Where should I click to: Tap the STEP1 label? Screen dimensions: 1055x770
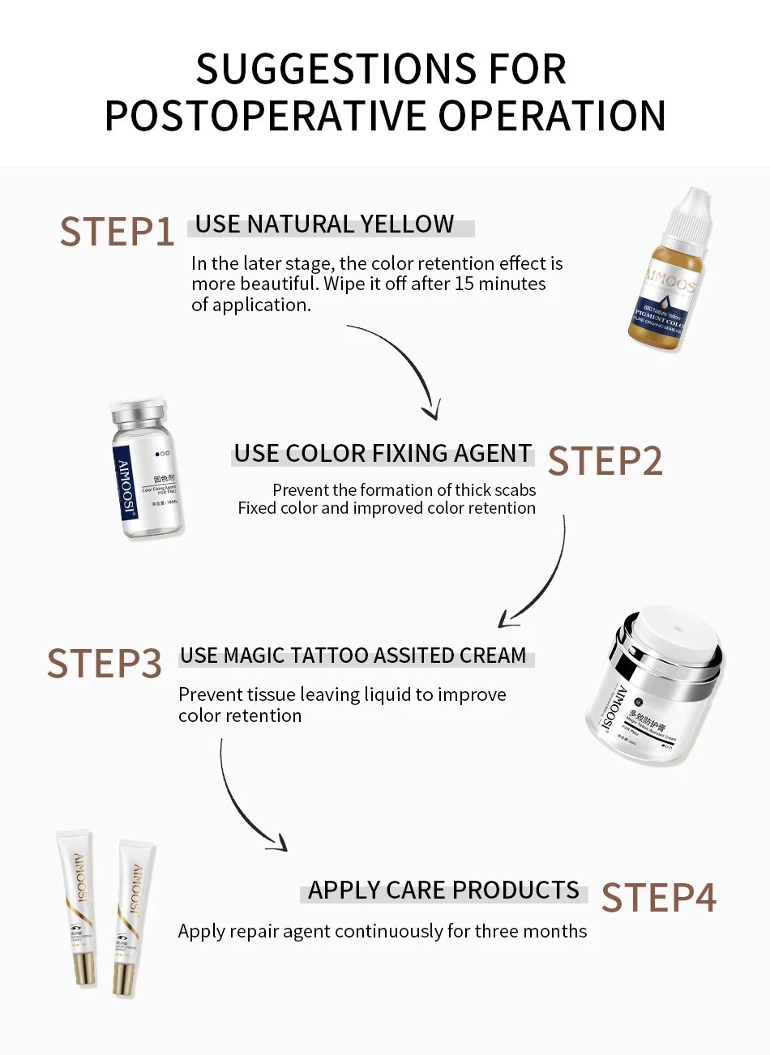click(117, 233)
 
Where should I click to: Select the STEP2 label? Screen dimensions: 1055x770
click(605, 461)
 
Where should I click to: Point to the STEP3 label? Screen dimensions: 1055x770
click(105, 664)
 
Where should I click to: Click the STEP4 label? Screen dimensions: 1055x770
click(659, 898)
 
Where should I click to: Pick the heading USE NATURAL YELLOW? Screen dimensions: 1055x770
click(324, 224)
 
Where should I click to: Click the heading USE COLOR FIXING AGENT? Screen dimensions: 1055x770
click(383, 454)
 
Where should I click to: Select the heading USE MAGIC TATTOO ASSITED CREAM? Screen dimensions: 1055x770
click(353, 656)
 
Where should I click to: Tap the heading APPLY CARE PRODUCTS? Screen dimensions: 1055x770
click(443, 891)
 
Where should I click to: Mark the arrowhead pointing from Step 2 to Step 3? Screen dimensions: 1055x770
click(507, 619)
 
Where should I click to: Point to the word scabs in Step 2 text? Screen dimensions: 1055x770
click(515, 490)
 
